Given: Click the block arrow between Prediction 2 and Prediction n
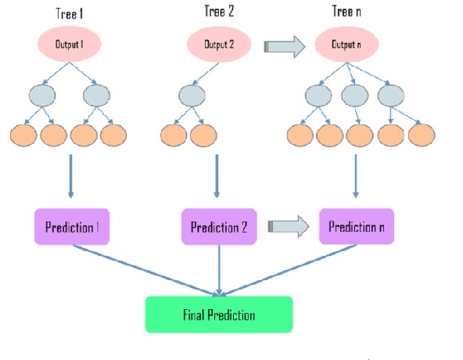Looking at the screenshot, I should tap(289, 226).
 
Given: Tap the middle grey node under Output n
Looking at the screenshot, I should tap(357, 95).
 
